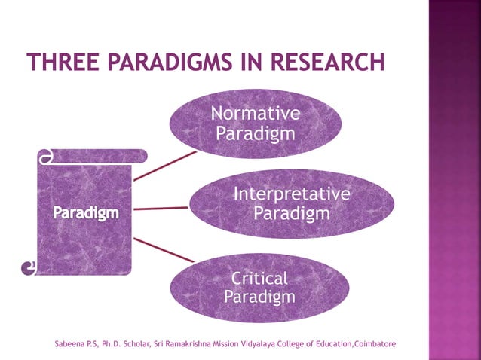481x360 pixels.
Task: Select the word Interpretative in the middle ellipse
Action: pyautogui.click(x=291, y=194)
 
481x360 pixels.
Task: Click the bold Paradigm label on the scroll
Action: pyautogui.click(x=85, y=213)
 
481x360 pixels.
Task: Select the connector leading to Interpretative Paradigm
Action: pyautogui.click(x=161, y=208)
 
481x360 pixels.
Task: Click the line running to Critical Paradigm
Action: pyautogui.click(x=164, y=249)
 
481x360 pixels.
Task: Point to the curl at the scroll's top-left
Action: pyautogui.click(x=45, y=157)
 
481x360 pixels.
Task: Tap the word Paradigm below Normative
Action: pyautogui.click(x=255, y=133)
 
